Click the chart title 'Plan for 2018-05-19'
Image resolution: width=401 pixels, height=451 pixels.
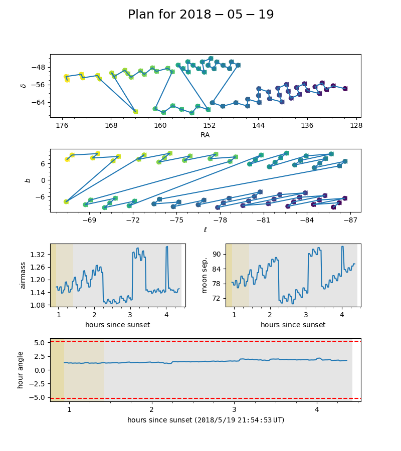pyautogui.click(x=200, y=15)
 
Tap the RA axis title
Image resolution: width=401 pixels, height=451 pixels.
pyautogui.click(x=205, y=135)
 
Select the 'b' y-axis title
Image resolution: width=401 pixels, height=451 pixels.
pyautogui.click(x=28, y=180)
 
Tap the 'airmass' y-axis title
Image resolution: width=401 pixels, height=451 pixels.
pyautogui.click(x=23, y=275)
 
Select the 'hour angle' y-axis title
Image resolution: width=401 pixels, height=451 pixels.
pyautogui.click(x=21, y=370)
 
